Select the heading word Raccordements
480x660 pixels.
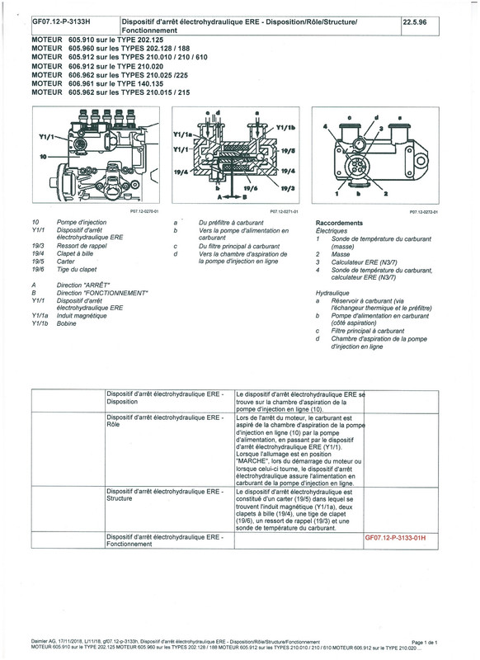tap(341, 224)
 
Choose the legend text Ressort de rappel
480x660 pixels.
tap(84, 246)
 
